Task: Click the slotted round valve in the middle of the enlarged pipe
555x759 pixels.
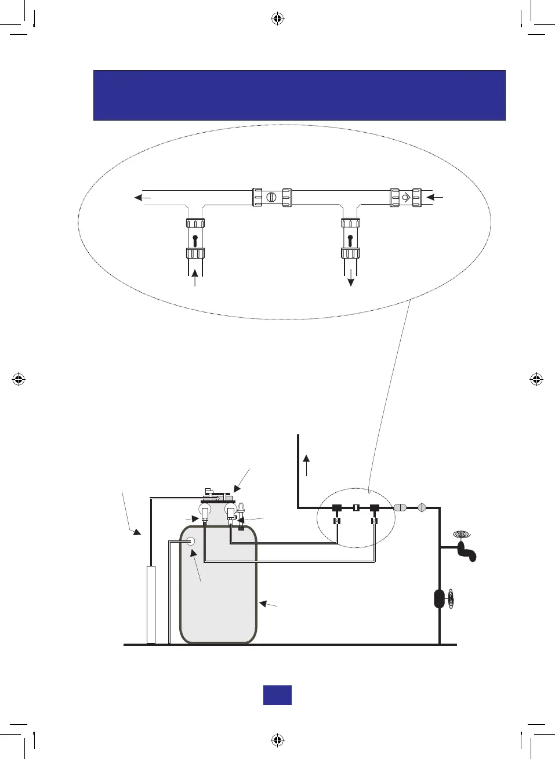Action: (x=271, y=197)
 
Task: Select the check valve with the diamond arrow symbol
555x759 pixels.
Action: (x=406, y=197)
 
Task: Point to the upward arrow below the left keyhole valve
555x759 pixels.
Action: (x=195, y=277)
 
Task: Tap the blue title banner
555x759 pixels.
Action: (x=299, y=95)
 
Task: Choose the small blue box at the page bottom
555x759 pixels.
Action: (x=277, y=695)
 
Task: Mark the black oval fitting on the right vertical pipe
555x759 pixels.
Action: (x=440, y=598)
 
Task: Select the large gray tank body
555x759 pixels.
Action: (x=219, y=597)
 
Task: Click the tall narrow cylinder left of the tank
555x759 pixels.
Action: (x=151, y=605)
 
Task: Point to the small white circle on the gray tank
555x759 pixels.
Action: (x=190, y=542)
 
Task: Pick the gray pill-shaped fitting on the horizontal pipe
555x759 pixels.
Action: (x=400, y=507)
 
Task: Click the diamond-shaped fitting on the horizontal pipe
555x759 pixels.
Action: (x=422, y=507)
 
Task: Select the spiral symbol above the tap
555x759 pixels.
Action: (x=462, y=534)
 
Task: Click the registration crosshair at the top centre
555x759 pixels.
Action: (x=277, y=19)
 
